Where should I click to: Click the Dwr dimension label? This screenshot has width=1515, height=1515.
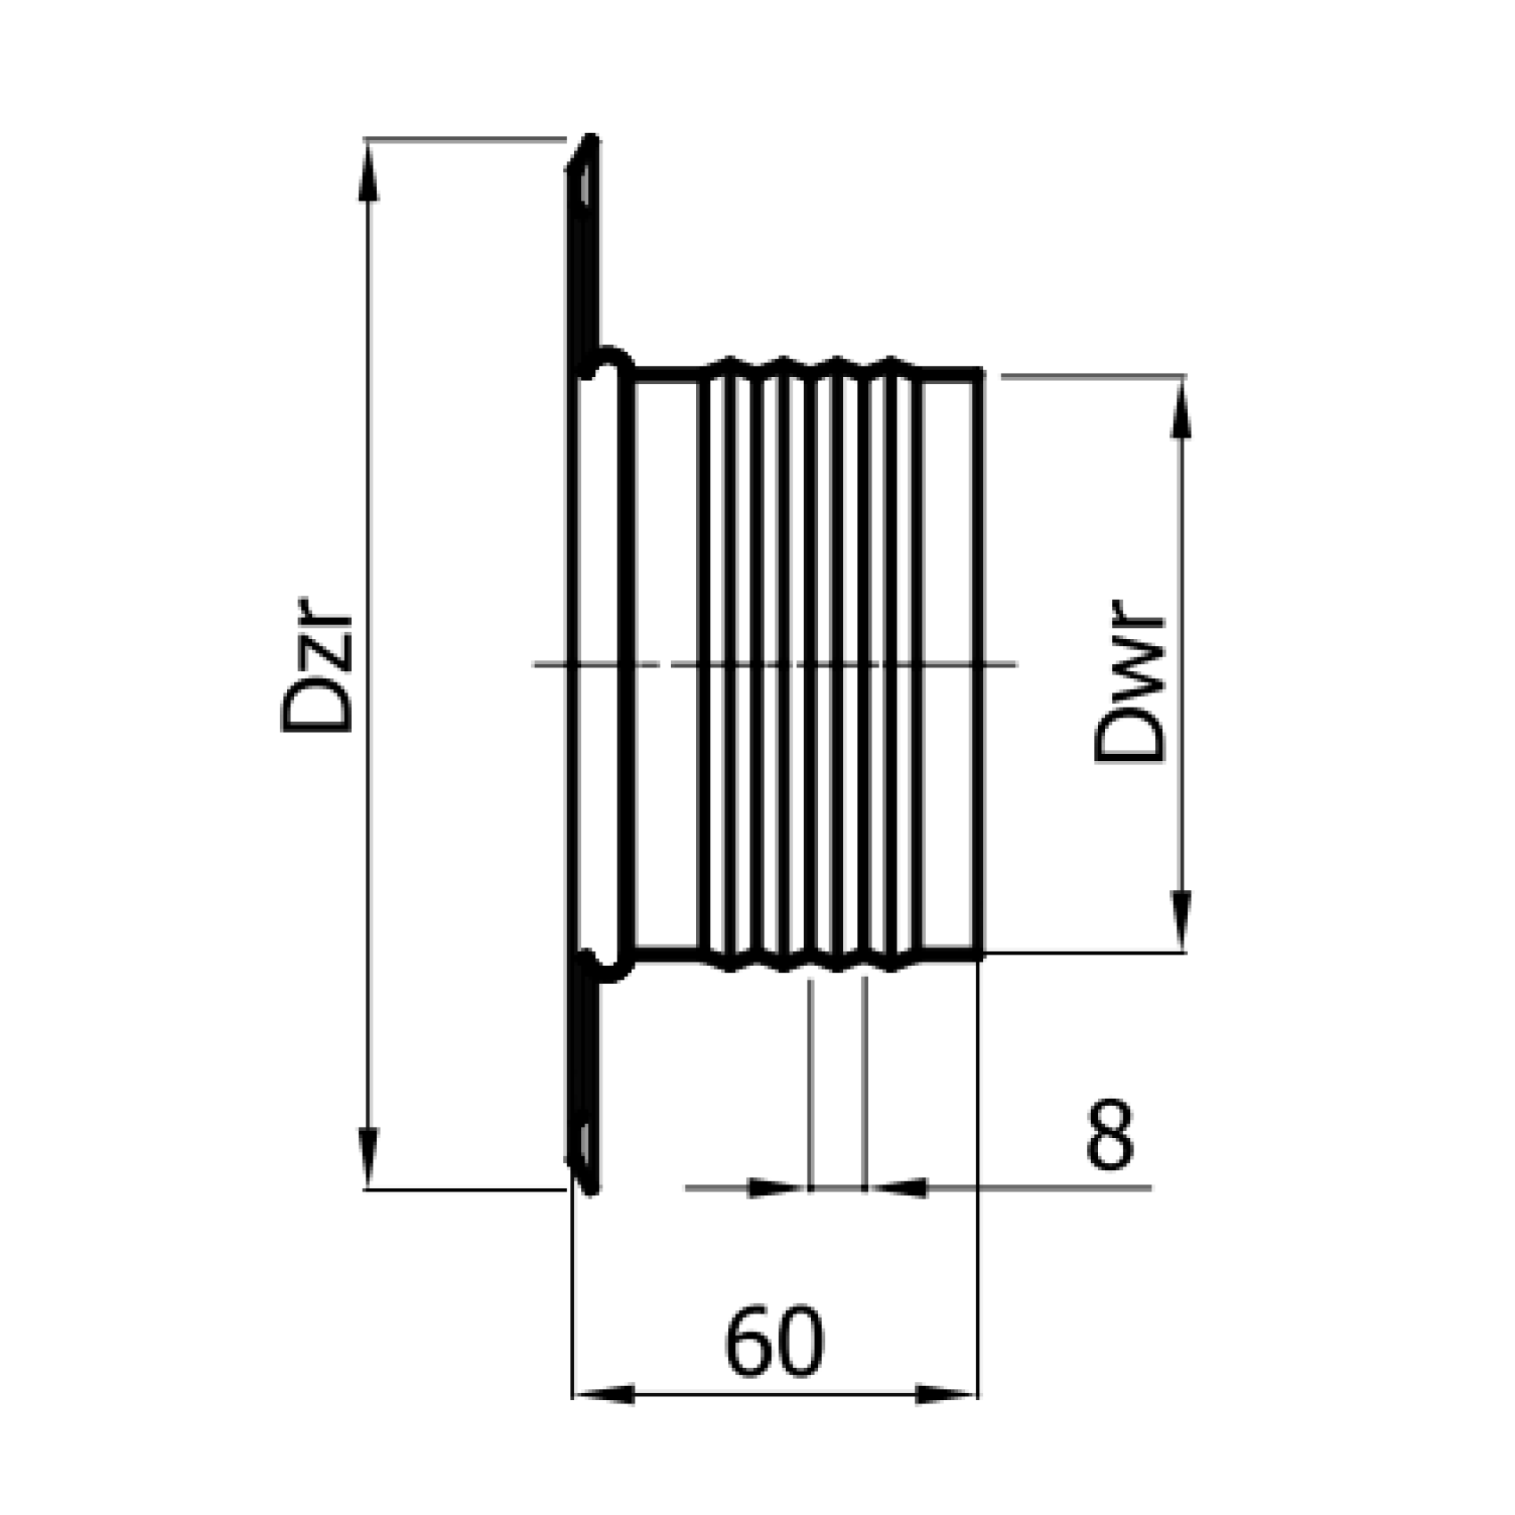point(1129,686)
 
